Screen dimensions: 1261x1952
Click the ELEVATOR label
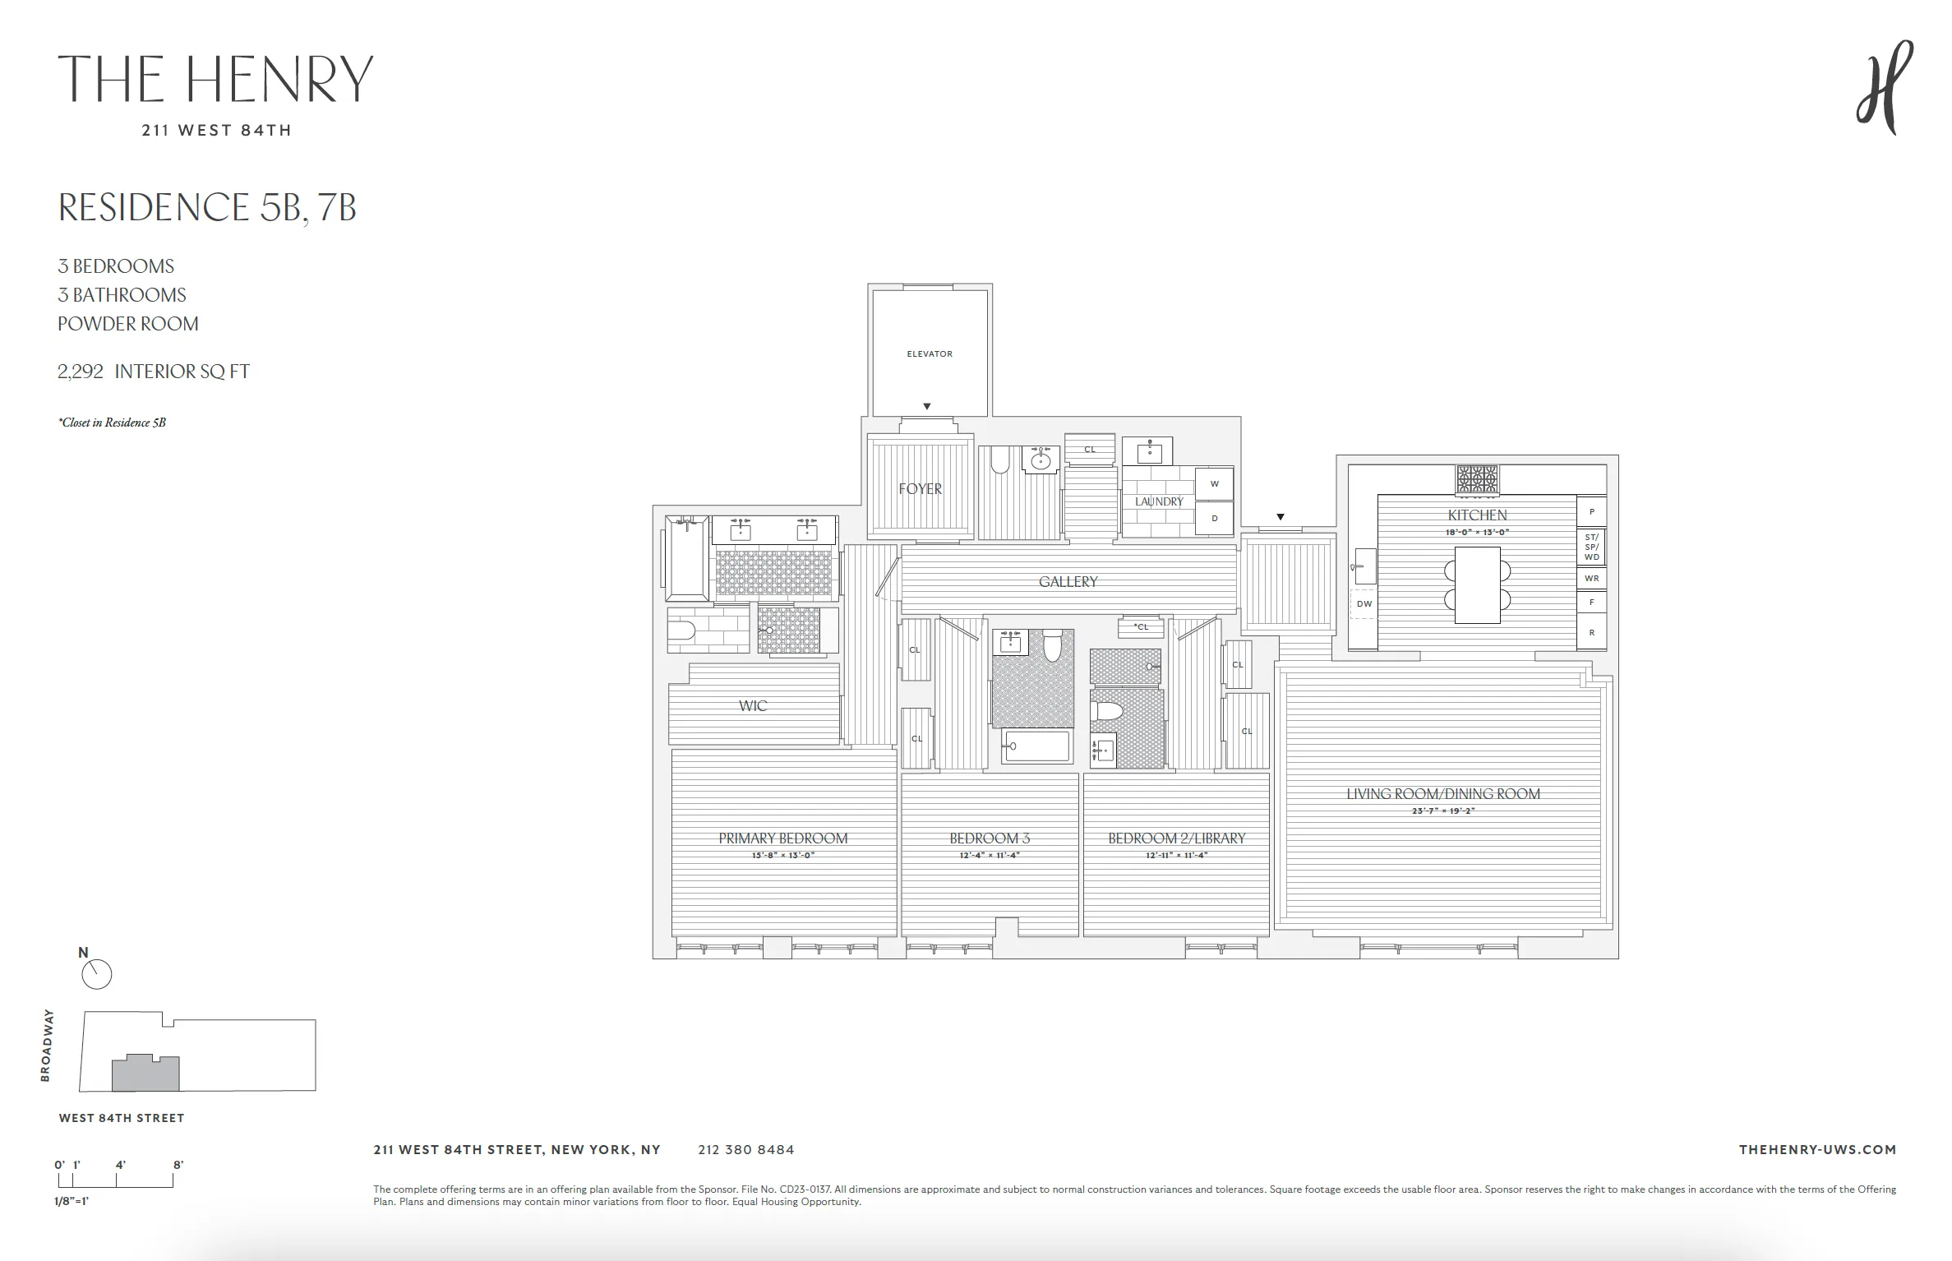[930, 354]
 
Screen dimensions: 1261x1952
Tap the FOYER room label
[921, 489]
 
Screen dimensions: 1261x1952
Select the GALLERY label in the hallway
[1068, 582]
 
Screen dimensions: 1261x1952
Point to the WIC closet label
[753, 706]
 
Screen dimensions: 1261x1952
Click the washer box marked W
[1214, 484]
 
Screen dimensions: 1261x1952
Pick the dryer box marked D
[1214, 519]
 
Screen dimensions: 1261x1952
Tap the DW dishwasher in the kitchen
[1364, 604]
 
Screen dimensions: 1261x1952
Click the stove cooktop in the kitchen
[1477, 478]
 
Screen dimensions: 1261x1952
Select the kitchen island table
[1477, 584]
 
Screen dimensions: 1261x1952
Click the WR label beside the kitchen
[1592, 579]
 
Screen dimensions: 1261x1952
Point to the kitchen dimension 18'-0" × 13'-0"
[1477, 533]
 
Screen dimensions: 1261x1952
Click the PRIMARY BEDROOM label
[782, 838]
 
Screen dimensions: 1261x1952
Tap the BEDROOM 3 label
[990, 838]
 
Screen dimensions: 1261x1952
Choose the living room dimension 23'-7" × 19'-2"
[1442, 811]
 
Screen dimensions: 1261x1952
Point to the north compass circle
[97, 975]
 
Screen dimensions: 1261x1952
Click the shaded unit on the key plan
[145, 1074]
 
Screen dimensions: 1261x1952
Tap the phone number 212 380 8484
[745, 1150]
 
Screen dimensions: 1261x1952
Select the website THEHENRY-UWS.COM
[1817, 1150]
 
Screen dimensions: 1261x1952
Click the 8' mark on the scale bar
[178, 1165]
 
